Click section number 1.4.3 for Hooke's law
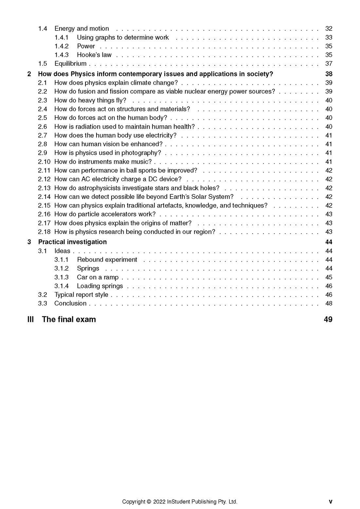pos(62,55)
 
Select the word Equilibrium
pos(70,64)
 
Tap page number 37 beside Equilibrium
pos(329,64)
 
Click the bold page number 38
pos(329,74)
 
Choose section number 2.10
pos(44,162)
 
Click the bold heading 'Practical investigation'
pos(72,242)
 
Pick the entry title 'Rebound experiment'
pos(107,260)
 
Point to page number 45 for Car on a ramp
pos(329,277)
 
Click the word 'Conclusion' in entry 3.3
pos(70,304)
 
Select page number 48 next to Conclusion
pos(329,304)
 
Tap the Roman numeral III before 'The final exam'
pos(30,320)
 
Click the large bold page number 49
pos(328,320)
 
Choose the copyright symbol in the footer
pos(149,502)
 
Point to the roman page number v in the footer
pos(331,502)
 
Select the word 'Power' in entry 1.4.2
pos(86,46)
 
